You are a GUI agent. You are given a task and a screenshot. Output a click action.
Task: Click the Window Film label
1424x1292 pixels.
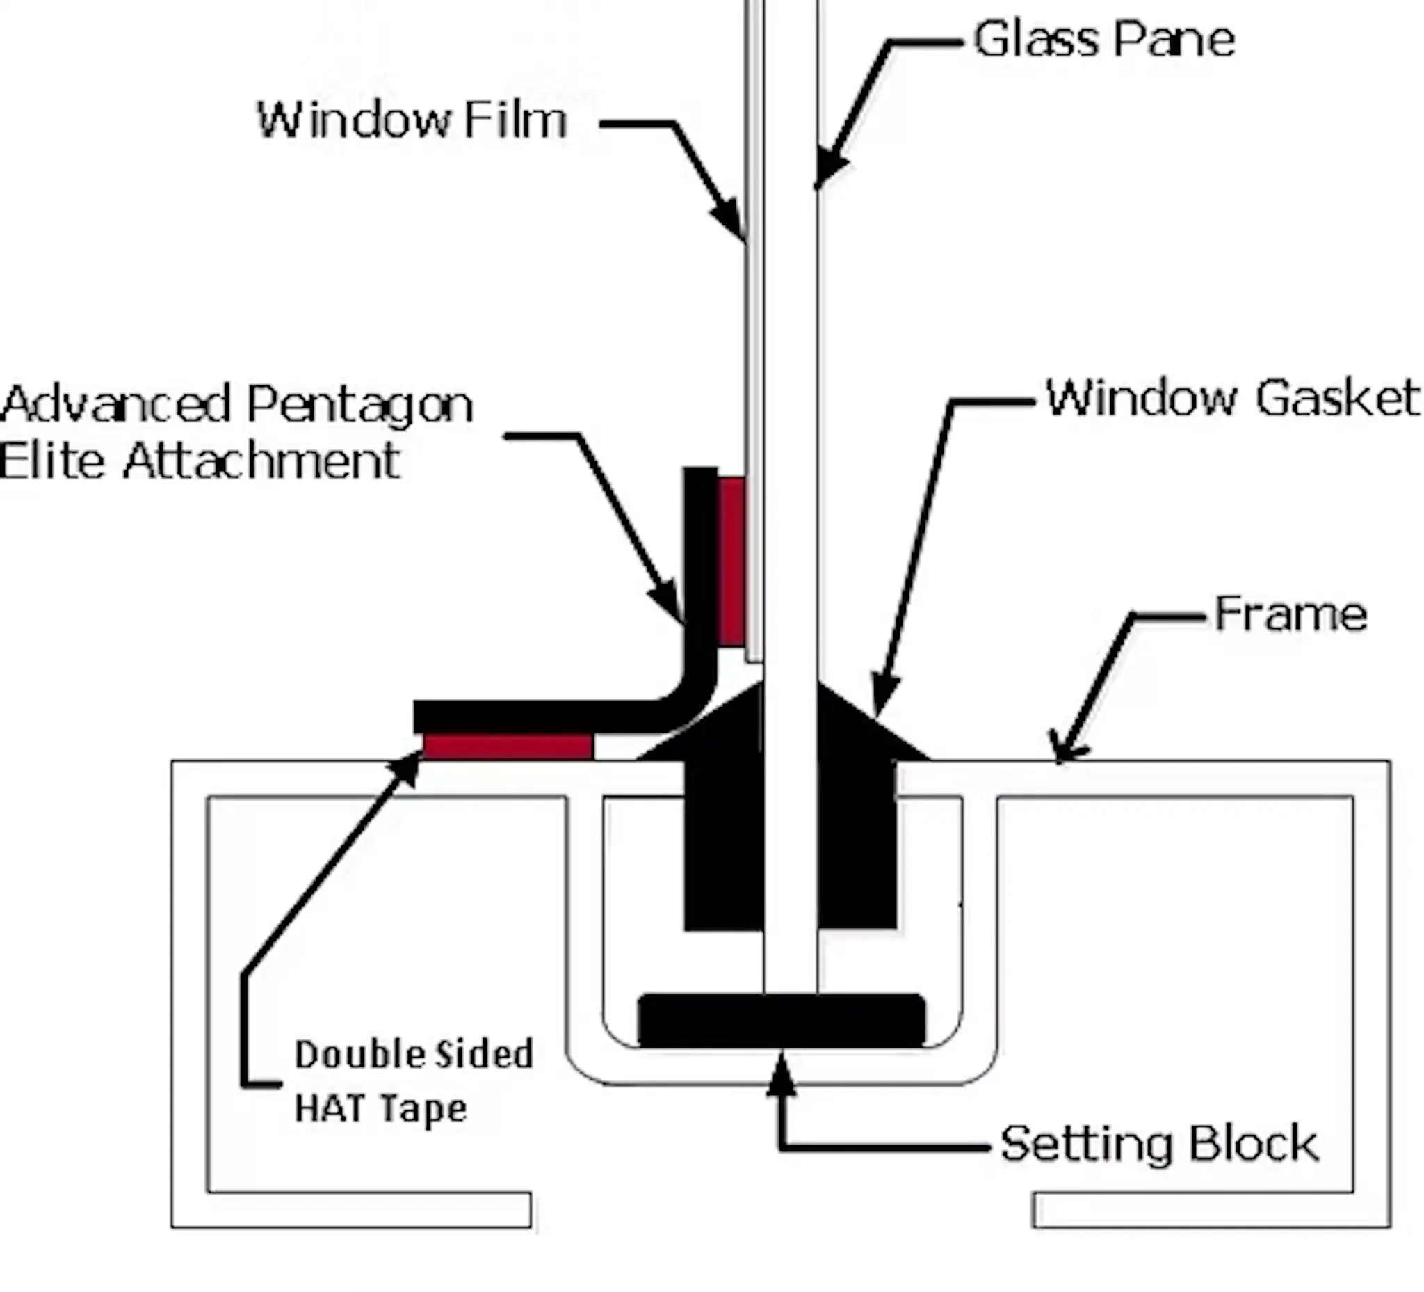tap(412, 120)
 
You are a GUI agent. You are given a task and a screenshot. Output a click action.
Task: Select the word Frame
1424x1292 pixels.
tap(1290, 614)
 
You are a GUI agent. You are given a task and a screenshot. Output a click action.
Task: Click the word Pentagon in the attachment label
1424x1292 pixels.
tap(359, 405)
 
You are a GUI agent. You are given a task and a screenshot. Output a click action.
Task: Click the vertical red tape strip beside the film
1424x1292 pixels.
tap(732, 562)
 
